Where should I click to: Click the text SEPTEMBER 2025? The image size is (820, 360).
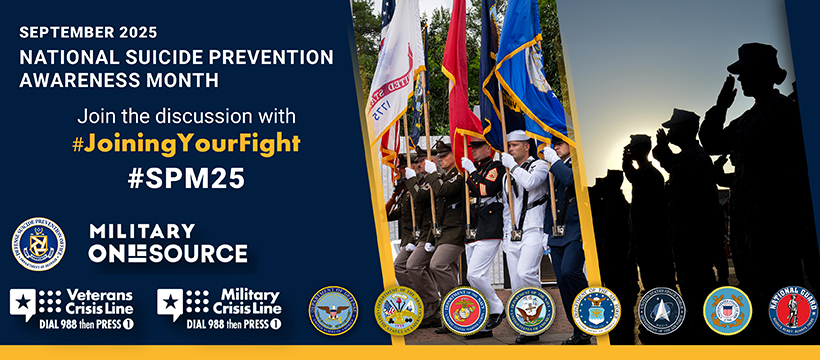tap(82, 31)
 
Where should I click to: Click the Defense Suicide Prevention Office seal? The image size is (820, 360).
tap(39, 243)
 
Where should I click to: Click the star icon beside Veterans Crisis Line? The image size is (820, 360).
tap(24, 302)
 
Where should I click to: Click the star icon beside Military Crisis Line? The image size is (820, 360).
tap(171, 302)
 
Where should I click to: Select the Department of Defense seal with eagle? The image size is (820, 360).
tap(334, 311)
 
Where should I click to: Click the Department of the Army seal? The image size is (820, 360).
tap(399, 311)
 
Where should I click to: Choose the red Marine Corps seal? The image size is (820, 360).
tap(465, 311)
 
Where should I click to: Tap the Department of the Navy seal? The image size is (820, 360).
tap(530, 311)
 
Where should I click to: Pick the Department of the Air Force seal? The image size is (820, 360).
tap(596, 311)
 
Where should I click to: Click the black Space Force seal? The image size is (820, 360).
tap(661, 311)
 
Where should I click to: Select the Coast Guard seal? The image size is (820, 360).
tap(727, 311)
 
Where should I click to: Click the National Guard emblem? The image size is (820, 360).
tap(792, 311)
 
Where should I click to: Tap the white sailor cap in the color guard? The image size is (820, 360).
tap(516, 135)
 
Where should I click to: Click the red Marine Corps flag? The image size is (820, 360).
tap(458, 80)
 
